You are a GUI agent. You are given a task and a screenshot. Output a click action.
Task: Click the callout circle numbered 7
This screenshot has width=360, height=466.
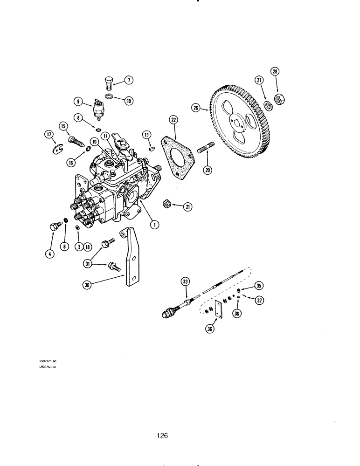129,81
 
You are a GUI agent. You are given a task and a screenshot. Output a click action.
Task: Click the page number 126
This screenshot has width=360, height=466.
162,436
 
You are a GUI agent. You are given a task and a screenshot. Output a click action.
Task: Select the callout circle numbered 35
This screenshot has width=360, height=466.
259,285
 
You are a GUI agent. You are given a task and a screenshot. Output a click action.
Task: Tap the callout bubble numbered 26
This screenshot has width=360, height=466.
195,108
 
